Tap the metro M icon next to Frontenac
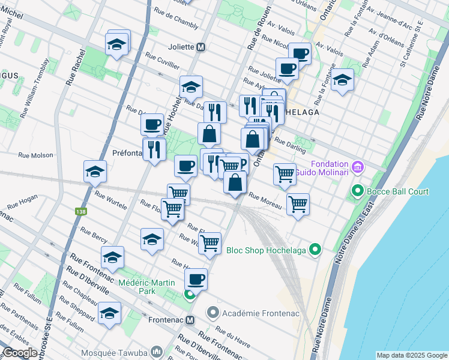[191, 320]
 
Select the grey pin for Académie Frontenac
[212, 313]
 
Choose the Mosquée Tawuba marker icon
[157, 350]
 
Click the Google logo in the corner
[20, 353]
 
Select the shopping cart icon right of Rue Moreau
[298, 204]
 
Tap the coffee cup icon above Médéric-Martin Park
[196, 279]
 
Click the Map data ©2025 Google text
[411, 355]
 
